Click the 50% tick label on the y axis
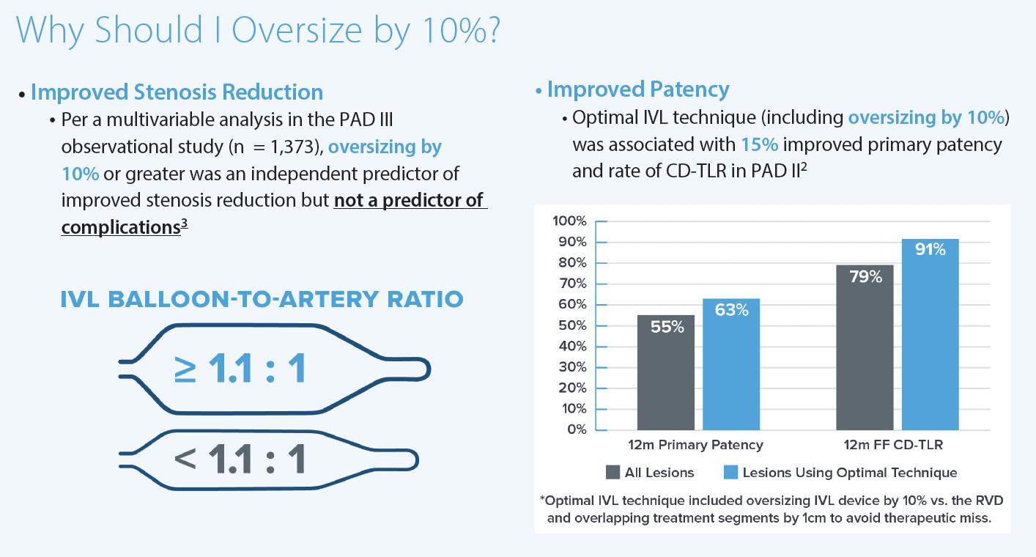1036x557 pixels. (x=571, y=325)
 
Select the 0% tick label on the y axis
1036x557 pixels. (x=576, y=429)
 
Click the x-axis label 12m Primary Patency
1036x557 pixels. (x=695, y=445)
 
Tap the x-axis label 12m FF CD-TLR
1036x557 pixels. (x=896, y=445)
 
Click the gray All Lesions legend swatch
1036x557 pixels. (x=613, y=473)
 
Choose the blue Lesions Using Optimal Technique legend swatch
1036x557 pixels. (x=730, y=473)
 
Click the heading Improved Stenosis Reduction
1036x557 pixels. (x=177, y=92)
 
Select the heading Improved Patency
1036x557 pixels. (x=637, y=89)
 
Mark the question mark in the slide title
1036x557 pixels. (x=491, y=29)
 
